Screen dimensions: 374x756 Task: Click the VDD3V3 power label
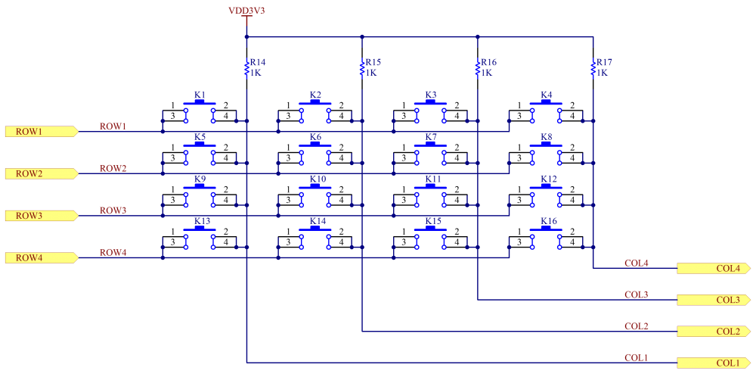pyautogui.click(x=246, y=11)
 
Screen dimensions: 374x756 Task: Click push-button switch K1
pyautogui.click(x=200, y=111)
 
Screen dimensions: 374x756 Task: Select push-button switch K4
pyautogui.click(x=546, y=111)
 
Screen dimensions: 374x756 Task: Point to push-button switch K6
pyautogui.click(x=315, y=153)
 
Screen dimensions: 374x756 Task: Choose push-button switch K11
pyautogui.click(x=431, y=195)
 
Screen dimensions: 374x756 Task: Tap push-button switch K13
pyautogui.click(x=200, y=238)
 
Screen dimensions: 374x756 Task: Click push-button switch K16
pyautogui.click(x=546, y=238)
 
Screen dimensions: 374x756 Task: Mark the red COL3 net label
pyautogui.click(x=636, y=295)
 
